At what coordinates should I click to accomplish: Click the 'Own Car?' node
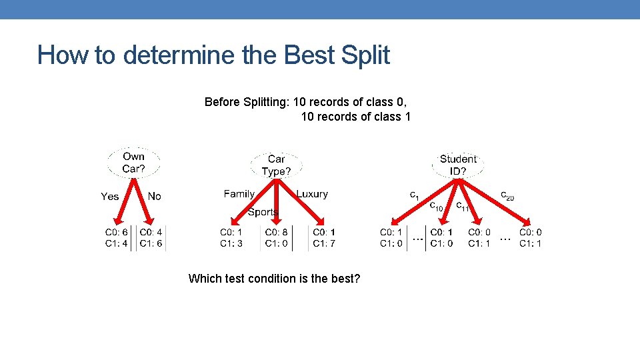133,163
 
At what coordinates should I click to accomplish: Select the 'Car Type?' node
276,165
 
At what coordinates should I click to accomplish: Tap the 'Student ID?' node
458,165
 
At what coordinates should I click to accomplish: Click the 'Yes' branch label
110,196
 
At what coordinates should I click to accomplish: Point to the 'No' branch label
155,196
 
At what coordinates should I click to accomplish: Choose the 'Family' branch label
239,194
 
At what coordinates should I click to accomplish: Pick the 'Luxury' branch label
312,194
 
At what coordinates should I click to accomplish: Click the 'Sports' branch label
263,212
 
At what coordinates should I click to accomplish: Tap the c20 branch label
507,195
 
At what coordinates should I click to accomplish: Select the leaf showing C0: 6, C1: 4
116,238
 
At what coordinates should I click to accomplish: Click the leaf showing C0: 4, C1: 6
151,238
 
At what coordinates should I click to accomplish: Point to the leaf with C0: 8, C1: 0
276,238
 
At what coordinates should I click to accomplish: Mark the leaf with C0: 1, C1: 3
231,238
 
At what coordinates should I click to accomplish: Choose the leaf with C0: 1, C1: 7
324,238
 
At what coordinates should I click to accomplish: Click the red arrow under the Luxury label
308,205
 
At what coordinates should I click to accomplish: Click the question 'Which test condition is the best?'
274,278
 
